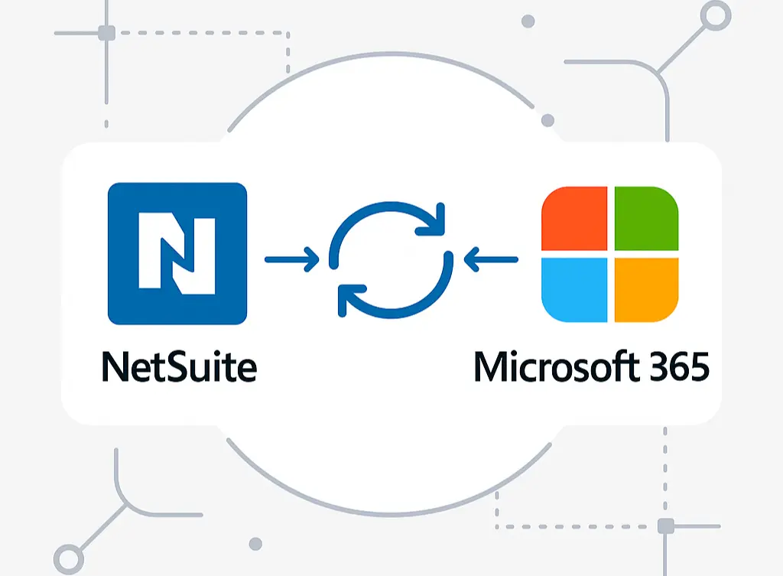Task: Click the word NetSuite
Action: point(178,366)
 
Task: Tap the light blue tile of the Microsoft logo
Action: point(575,289)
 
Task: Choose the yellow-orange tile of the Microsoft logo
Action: point(645,289)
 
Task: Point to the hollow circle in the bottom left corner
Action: point(68,558)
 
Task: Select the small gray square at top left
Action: point(107,34)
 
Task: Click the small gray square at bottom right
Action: point(664,526)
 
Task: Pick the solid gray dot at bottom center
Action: point(255,543)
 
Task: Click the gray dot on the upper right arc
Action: point(547,121)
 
